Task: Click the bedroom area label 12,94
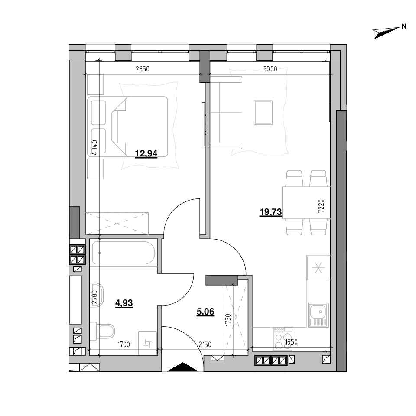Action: pyautogui.click(x=146, y=153)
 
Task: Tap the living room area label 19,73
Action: pyautogui.click(x=270, y=212)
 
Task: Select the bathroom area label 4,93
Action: pyautogui.click(x=124, y=303)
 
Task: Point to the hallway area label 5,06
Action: pyautogui.click(x=205, y=312)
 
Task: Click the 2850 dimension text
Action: pyautogui.click(x=143, y=69)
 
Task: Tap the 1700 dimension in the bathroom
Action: pyautogui.click(x=123, y=344)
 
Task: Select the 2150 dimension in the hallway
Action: pyautogui.click(x=205, y=344)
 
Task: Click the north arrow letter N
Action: pyautogui.click(x=404, y=26)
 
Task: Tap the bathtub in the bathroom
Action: pyautogui.click(x=123, y=253)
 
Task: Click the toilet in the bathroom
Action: pyautogui.click(x=102, y=331)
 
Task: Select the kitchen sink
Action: pyautogui.click(x=318, y=315)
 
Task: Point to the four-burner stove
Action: pyautogui.click(x=283, y=339)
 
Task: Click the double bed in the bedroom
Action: pyautogui.click(x=127, y=127)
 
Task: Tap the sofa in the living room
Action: pyautogui.click(x=226, y=113)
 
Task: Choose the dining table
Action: pyautogui.click(x=306, y=203)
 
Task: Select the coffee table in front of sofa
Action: pyautogui.click(x=263, y=113)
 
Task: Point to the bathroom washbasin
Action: pyautogui.click(x=97, y=295)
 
